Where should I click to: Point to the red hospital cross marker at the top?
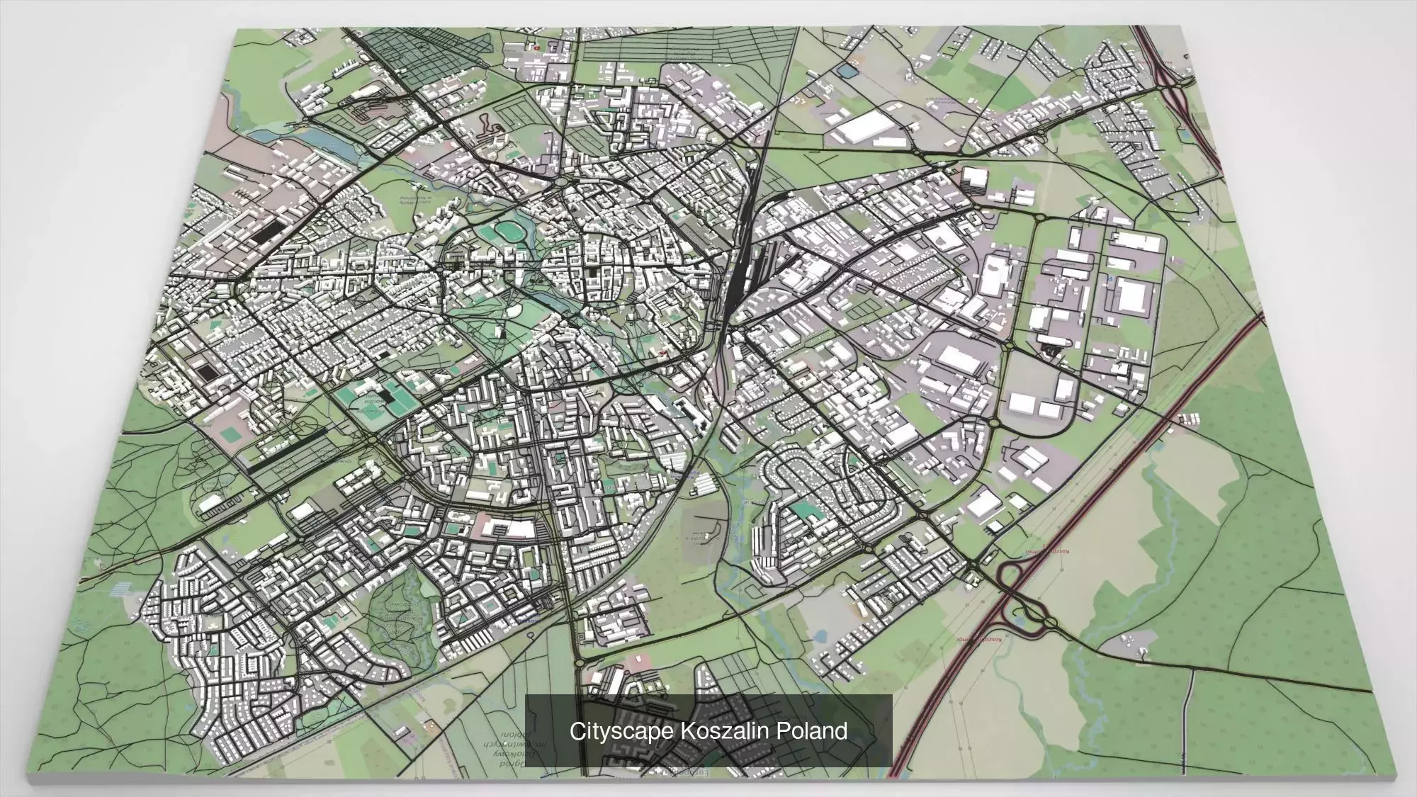click(536, 47)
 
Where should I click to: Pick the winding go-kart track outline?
click(489, 128)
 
